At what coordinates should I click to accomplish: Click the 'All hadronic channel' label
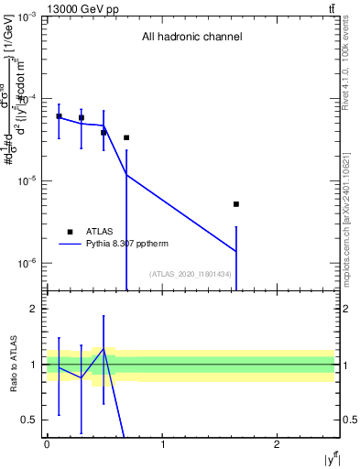click(x=191, y=38)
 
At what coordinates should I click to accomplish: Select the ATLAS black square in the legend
click(x=70, y=232)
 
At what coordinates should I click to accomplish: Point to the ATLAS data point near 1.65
click(x=236, y=204)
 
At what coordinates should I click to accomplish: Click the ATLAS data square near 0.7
click(x=126, y=138)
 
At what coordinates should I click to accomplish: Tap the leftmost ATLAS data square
click(x=59, y=116)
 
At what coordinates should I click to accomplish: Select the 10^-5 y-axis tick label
click(x=26, y=181)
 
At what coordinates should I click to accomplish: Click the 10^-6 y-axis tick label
click(x=26, y=264)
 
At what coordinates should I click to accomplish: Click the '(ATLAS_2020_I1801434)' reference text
click(x=189, y=275)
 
